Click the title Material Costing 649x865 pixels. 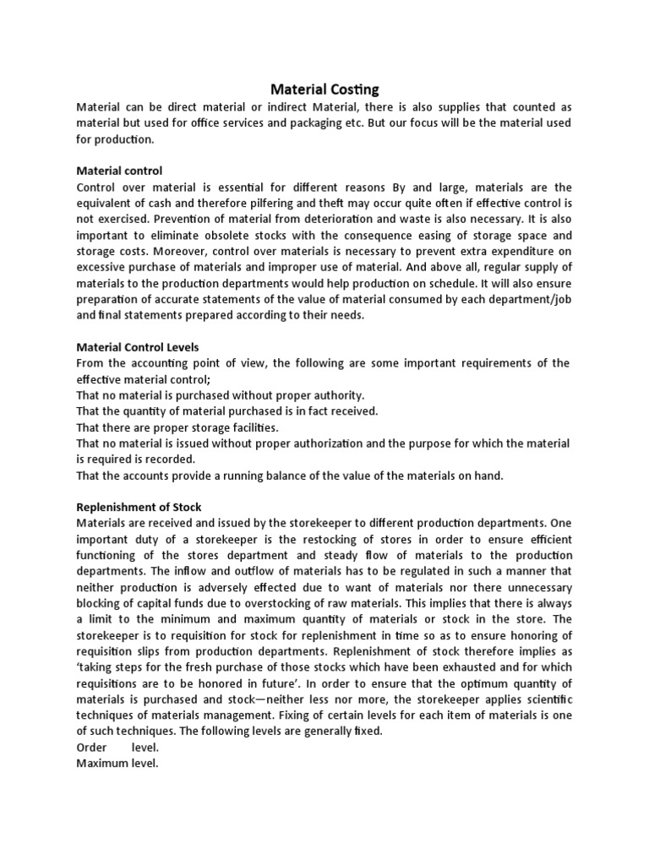coord(324,89)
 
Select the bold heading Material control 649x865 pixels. coord(119,171)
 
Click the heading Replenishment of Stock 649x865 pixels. coord(139,507)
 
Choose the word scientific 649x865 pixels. coord(542,699)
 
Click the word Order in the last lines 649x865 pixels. coord(93,748)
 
